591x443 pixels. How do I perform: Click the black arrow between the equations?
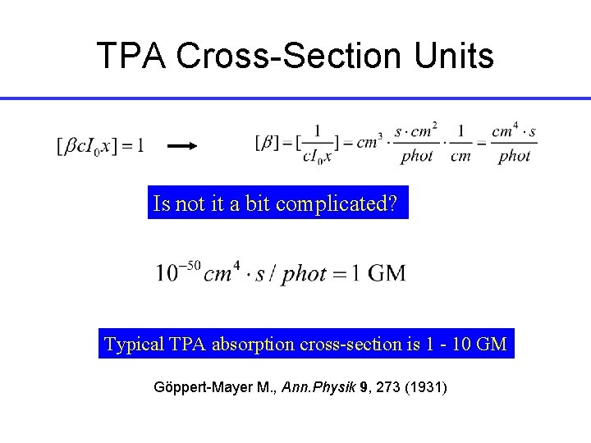coord(182,146)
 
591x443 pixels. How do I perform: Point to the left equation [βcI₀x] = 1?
coord(99,146)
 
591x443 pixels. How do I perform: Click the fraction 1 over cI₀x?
coord(318,144)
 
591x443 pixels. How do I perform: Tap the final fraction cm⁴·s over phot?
coord(514,143)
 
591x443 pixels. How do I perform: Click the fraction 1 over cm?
coord(461,143)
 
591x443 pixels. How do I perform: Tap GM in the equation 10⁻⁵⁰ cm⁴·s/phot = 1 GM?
coord(387,272)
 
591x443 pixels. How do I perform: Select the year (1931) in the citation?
coord(424,385)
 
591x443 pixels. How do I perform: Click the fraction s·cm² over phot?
coord(416,143)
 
